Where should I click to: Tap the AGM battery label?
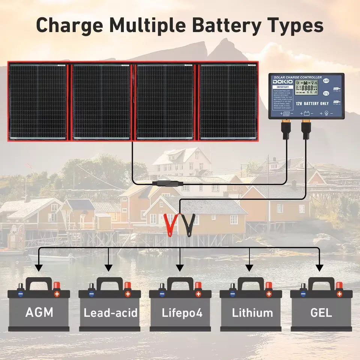[39, 312]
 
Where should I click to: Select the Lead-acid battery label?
[110, 312]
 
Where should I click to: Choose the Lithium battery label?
[252, 312]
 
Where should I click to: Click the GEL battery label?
[321, 312]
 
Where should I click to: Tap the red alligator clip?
[169, 224]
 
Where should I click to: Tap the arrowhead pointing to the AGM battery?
[39, 268]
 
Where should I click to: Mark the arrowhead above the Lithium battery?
[249, 268]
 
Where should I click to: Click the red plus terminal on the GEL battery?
[339, 294]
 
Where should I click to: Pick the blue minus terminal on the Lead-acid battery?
[91, 294]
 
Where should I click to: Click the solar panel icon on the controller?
[286, 113]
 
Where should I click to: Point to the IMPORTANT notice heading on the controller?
[281, 87]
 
